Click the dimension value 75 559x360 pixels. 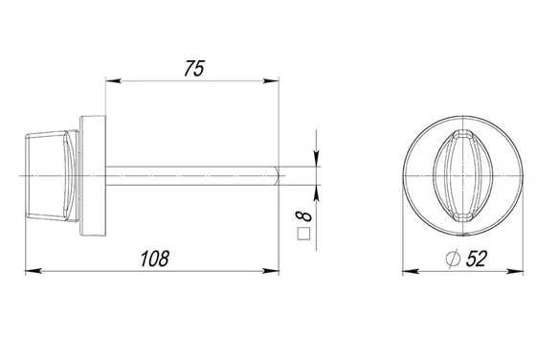194,68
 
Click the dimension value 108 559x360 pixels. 154,259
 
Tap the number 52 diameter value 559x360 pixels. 477,259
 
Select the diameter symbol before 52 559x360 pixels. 453,259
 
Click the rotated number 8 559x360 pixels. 303,216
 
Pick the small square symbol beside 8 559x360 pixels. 304,234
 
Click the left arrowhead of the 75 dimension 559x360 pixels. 113,81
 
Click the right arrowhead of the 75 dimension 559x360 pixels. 271,81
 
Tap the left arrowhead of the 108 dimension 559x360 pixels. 34,271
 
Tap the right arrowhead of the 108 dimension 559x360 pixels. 271,271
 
